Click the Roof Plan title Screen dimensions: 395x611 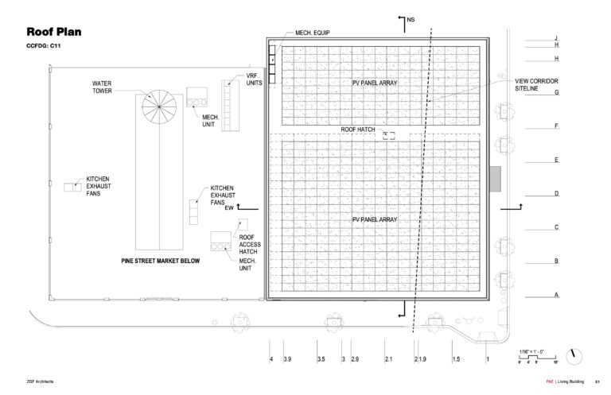[54, 33]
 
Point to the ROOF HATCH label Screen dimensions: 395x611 [358, 129]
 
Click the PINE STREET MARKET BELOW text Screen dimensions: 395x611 [155, 261]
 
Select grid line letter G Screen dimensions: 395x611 [558, 92]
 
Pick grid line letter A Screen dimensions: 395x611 [558, 295]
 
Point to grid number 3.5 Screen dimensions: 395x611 [320, 360]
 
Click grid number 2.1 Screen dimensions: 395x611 [388, 360]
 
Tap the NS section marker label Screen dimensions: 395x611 [411, 18]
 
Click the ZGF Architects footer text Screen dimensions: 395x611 [40, 381]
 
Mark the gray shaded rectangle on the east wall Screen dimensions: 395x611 [495, 179]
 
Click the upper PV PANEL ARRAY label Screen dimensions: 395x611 [374, 83]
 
